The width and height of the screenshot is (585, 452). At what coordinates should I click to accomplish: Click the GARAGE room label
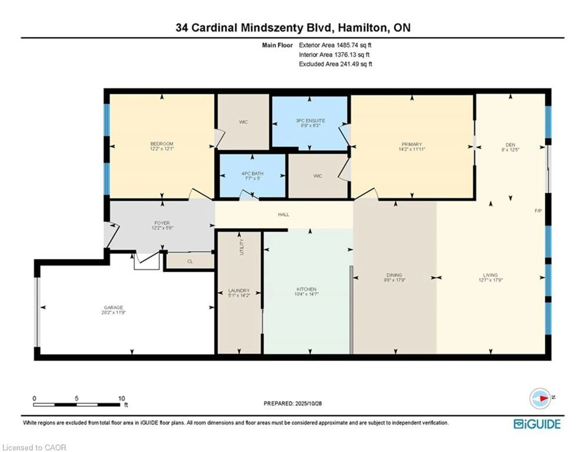tap(113, 307)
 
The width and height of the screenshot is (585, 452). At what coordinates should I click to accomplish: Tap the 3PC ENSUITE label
tap(310, 121)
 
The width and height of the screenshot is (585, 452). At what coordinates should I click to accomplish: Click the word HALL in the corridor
tap(283, 214)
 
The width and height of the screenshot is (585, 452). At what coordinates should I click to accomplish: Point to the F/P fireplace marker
tap(538, 211)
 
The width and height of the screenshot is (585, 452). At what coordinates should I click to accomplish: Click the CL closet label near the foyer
tap(190, 261)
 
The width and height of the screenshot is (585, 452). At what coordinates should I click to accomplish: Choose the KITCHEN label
tap(306, 289)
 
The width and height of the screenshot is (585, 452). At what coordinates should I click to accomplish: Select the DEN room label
tap(510, 145)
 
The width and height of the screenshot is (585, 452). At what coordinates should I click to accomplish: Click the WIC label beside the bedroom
tap(243, 122)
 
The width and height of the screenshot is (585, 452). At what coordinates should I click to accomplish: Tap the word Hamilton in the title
tap(363, 28)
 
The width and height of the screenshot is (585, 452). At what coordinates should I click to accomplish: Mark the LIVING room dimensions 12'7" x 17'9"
tap(490, 280)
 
